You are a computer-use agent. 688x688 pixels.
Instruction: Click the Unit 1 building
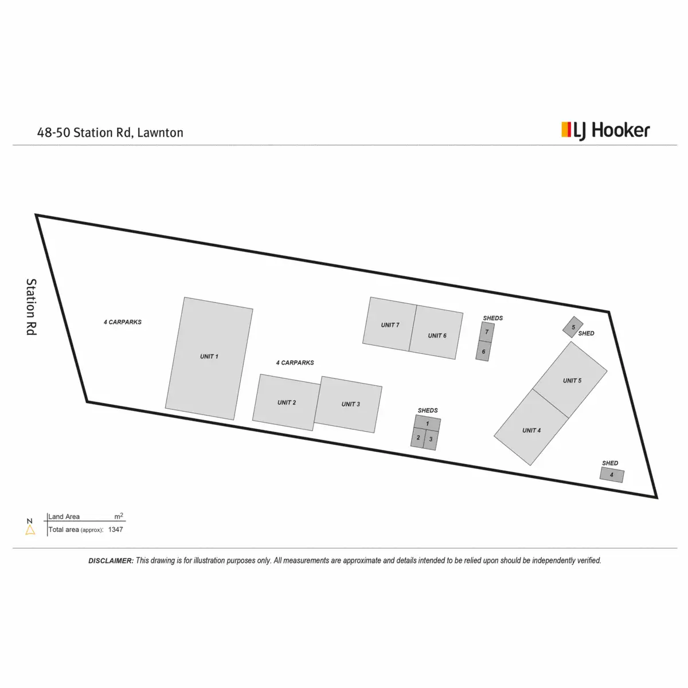[209, 358]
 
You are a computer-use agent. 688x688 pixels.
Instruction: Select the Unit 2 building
[286, 402]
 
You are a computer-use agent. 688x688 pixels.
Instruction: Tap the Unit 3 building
[349, 405]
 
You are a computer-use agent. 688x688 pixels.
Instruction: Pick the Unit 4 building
[531, 428]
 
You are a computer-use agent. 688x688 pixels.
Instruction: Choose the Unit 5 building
[571, 379]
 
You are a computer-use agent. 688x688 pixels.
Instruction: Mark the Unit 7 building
[389, 324]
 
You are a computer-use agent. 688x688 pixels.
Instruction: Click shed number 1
[428, 424]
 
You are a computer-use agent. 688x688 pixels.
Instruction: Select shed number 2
[418, 438]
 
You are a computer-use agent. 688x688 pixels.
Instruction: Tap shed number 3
[431, 440]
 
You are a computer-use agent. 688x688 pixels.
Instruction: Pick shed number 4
[612, 475]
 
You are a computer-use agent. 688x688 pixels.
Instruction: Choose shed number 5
[573, 327]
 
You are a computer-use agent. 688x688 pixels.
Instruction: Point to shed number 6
[483, 351]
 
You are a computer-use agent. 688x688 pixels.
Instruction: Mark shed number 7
[487, 331]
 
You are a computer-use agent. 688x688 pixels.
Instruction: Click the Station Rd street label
[31, 307]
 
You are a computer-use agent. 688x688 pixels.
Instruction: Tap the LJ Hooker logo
[605, 131]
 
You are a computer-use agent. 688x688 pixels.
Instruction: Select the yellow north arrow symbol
[30, 530]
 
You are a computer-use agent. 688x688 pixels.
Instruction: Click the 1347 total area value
[115, 530]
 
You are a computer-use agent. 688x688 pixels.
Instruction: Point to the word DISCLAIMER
[111, 561]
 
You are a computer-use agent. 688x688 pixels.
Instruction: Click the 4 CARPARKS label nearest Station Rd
[123, 322]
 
